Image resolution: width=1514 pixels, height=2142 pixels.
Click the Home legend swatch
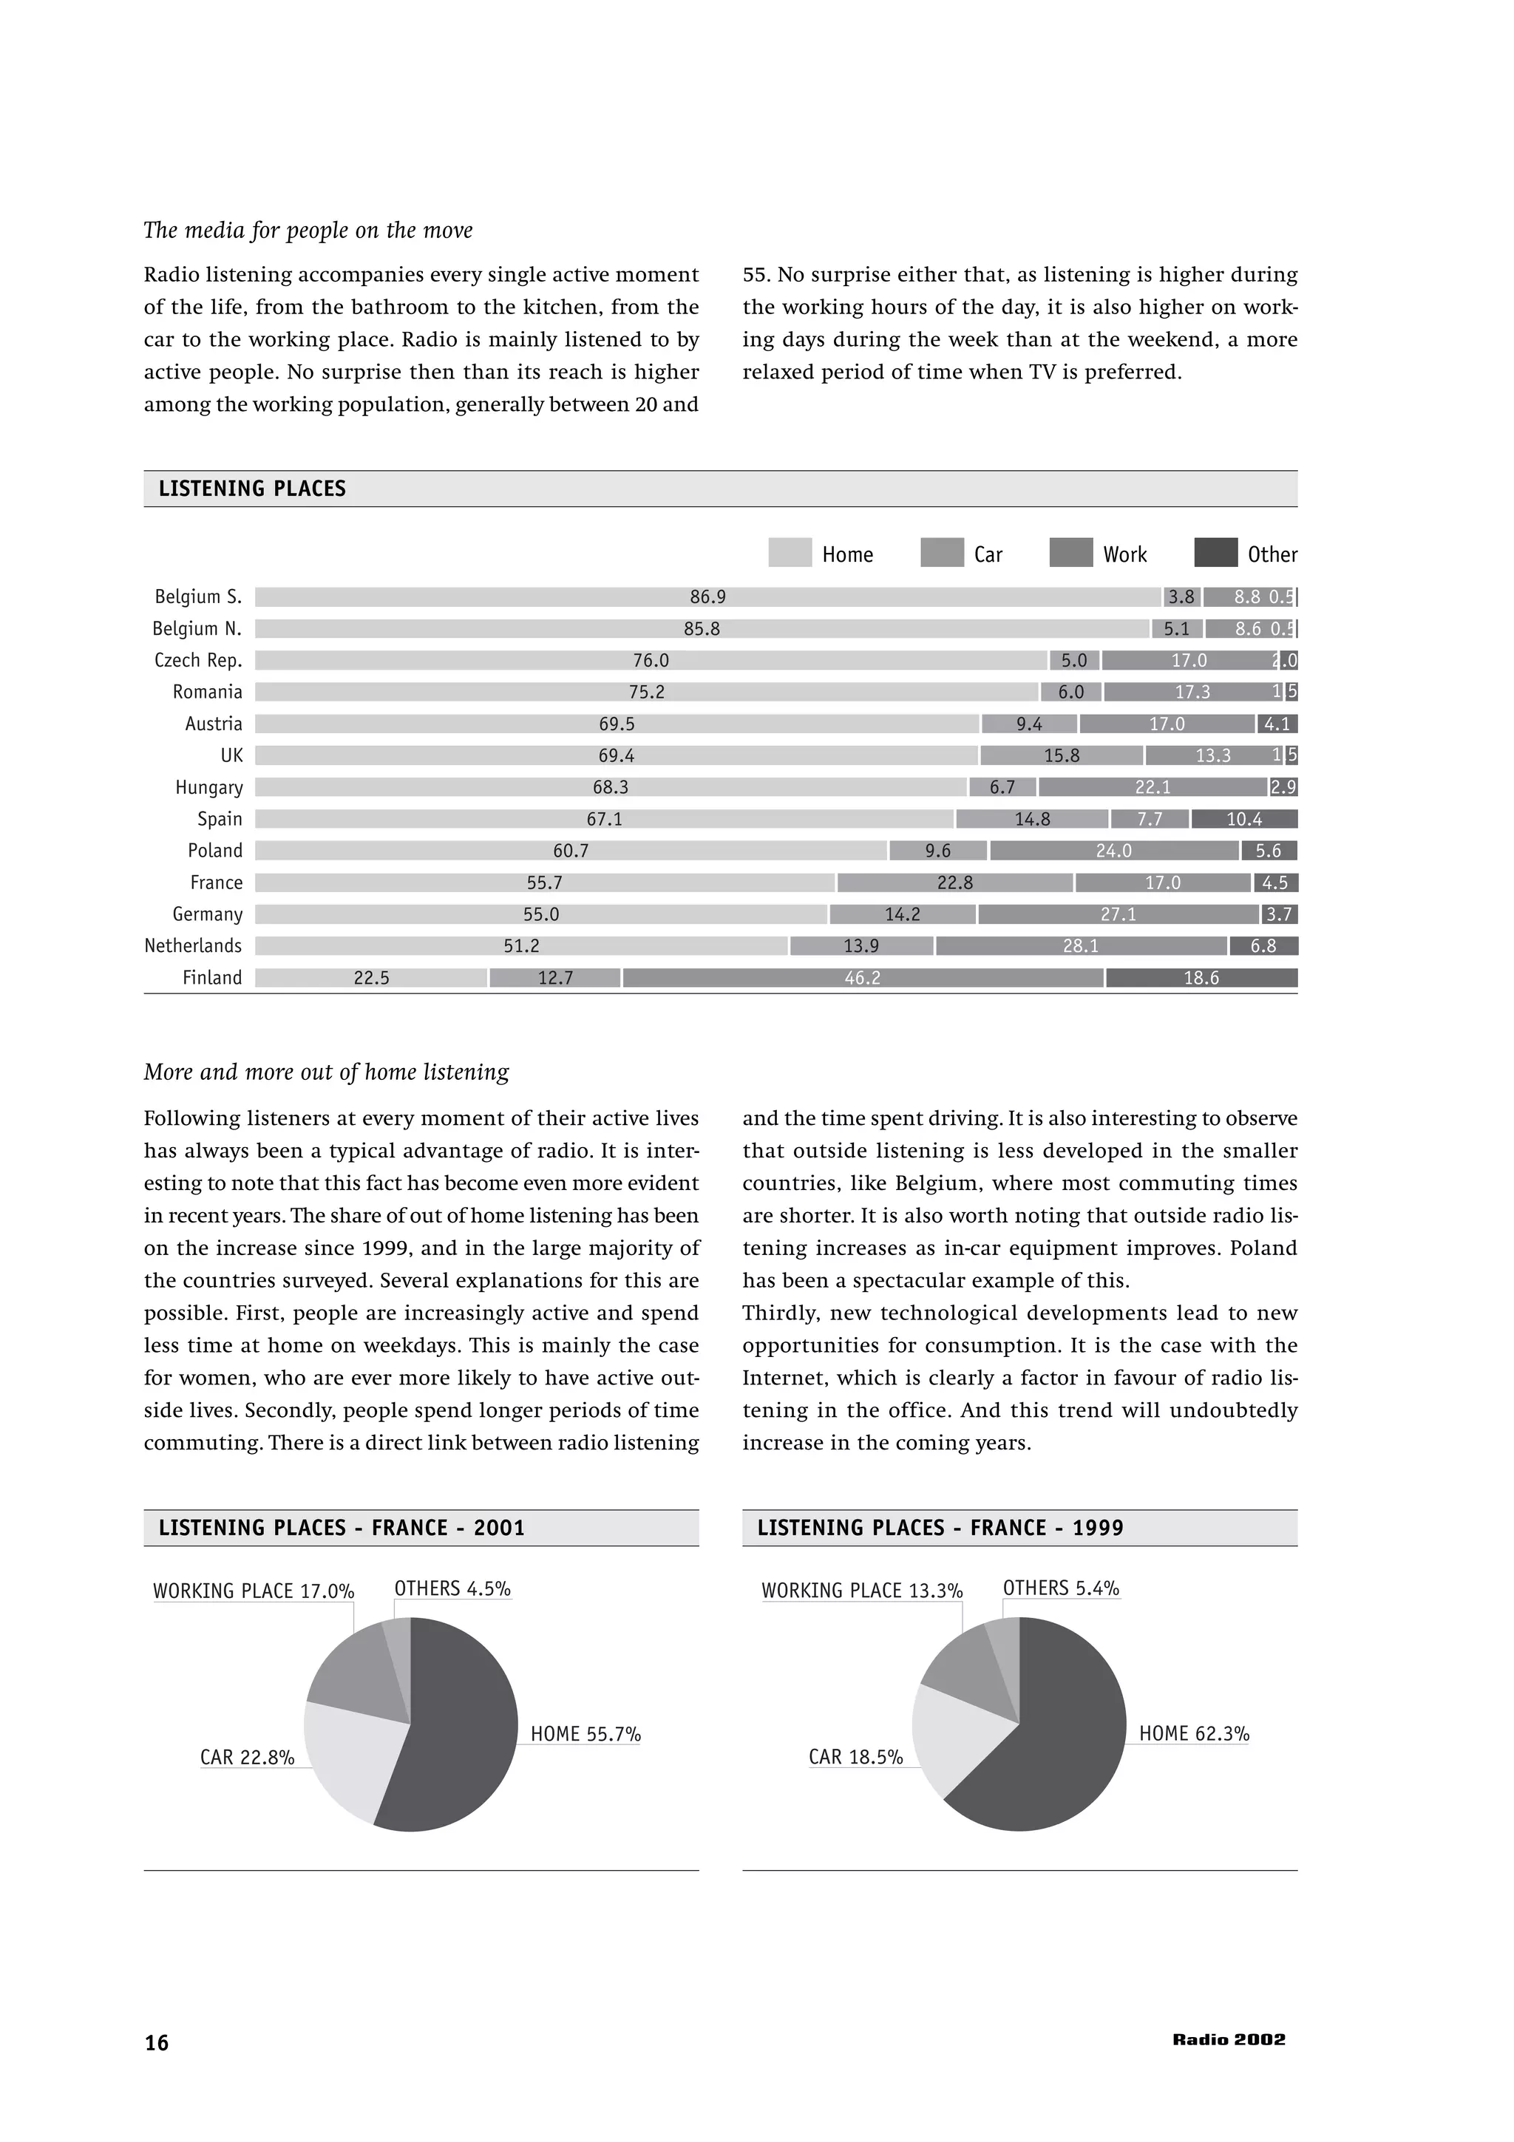click(x=790, y=552)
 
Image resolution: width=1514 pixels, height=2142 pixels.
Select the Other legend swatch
click(x=1215, y=552)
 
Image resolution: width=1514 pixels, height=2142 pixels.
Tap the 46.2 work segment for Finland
click(x=863, y=978)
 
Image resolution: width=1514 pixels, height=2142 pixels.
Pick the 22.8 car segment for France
click(x=954, y=883)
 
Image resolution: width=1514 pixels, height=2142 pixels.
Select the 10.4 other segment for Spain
click(x=1243, y=819)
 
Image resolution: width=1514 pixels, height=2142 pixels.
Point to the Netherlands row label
click(x=193, y=946)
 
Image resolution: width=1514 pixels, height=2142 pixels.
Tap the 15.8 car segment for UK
click(x=1061, y=755)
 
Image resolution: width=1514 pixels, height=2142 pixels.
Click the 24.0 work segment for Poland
click(x=1114, y=851)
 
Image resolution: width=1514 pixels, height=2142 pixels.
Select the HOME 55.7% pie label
click(x=585, y=1734)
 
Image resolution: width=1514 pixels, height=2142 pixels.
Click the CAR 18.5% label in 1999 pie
click(x=855, y=1758)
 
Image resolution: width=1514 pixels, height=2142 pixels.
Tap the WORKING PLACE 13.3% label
click(x=862, y=1591)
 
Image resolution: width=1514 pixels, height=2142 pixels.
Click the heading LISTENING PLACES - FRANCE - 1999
click(x=940, y=1528)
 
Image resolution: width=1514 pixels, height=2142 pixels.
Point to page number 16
click(x=157, y=2043)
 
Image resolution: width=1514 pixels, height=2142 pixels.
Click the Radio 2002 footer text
click(x=1229, y=2039)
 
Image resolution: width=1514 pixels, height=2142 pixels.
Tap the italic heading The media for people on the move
click(x=308, y=231)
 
